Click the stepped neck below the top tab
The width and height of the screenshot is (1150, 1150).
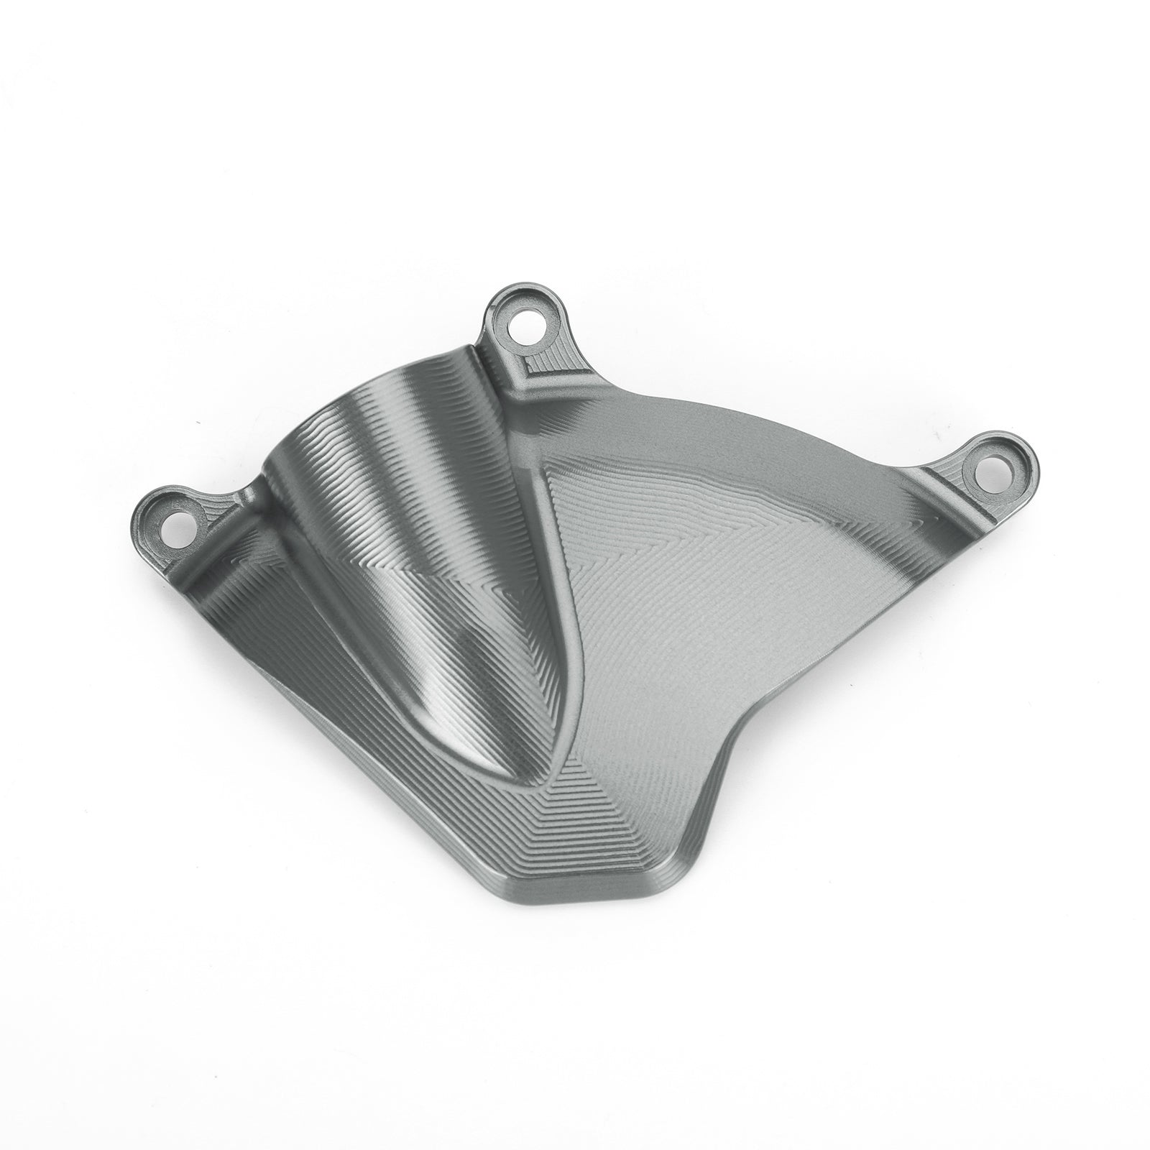point(535,374)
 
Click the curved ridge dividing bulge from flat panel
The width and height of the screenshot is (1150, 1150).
point(568,575)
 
